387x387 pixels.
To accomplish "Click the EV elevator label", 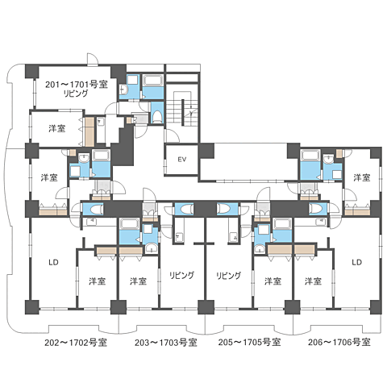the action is pyautogui.click(x=182, y=160).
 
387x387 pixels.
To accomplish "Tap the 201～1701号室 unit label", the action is pyautogui.click(x=77, y=85).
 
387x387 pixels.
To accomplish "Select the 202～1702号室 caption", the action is pyautogui.click(x=76, y=343).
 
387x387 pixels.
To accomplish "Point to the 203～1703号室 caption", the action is pyautogui.click(x=166, y=343).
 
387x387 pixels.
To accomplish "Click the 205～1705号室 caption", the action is pyautogui.click(x=249, y=343).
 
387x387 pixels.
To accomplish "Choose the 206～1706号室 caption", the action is pyautogui.click(x=339, y=343).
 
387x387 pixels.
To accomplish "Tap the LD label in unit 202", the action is pyautogui.click(x=53, y=262).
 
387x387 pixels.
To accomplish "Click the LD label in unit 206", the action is pyautogui.click(x=357, y=262).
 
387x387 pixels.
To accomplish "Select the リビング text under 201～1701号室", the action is pyautogui.click(x=76, y=94).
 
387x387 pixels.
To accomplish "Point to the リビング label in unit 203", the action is pyautogui.click(x=181, y=275).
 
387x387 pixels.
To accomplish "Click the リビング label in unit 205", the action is pyautogui.click(x=229, y=275).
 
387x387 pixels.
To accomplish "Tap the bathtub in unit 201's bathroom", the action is pyautogui.click(x=153, y=81).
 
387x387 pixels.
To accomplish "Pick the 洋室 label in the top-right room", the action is pyautogui.click(x=362, y=177).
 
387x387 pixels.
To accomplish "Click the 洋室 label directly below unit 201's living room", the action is pyautogui.click(x=57, y=128).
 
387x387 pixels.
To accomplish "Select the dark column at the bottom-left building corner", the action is pyautogui.click(x=32, y=307).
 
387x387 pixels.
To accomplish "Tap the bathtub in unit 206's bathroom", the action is pyautogui.click(x=310, y=156).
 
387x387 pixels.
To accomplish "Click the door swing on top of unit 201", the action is pyautogui.click(x=92, y=59).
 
